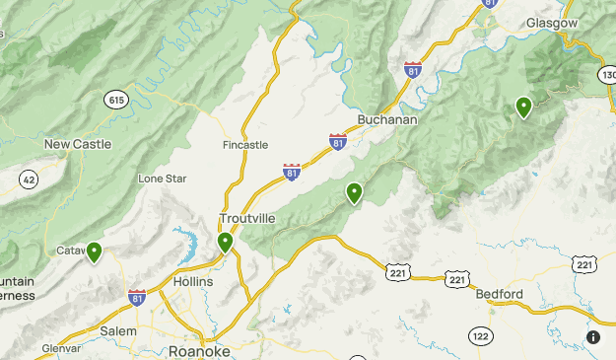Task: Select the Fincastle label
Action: pos(245,145)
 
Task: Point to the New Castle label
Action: pos(78,144)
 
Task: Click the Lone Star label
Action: pos(162,179)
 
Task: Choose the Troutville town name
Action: pos(246,218)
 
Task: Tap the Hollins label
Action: pos(193,282)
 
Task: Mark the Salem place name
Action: pos(118,331)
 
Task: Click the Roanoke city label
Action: pos(199,351)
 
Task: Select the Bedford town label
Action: pos(498,294)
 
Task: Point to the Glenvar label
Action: pos(63,348)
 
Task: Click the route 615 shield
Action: pos(115,99)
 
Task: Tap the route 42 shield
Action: pos(29,179)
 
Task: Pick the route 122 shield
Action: pos(480,335)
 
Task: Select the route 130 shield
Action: pos(607,75)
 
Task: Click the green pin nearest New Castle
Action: pos(95,252)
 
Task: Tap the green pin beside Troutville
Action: pos(226,241)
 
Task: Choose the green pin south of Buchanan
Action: pos(354,192)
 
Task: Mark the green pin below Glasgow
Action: pos(523,106)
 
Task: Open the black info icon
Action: pos(593,337)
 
